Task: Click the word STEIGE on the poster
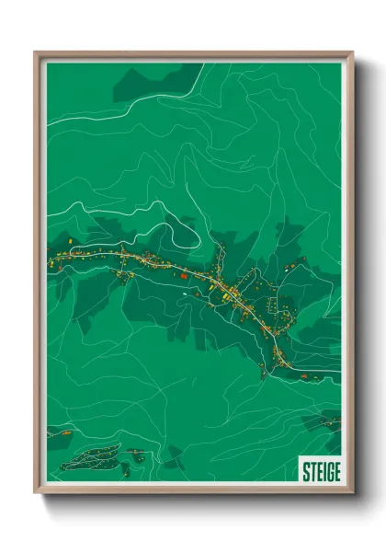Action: (321, 471)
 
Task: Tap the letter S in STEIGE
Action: (306, 471)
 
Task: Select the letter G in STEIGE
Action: (328, 471)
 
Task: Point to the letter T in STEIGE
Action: (312, 471)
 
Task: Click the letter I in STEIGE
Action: (322, 471)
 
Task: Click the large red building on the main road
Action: (183, 274)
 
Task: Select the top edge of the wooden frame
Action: (193, 54)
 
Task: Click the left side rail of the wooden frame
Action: (38, 276)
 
